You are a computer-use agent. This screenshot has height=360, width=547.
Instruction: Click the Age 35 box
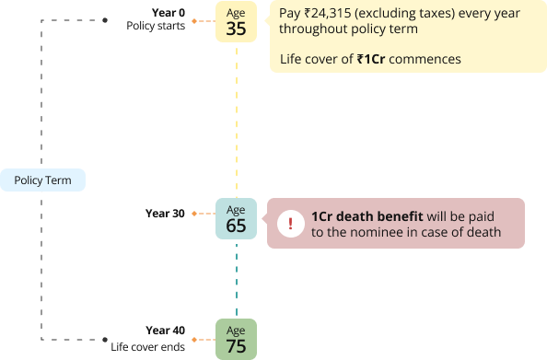236,21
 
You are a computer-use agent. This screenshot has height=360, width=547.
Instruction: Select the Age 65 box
236,218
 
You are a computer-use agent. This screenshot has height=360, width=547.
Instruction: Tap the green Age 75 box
236,339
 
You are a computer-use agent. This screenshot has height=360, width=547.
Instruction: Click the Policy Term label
43,180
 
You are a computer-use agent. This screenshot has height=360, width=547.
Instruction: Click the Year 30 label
165,214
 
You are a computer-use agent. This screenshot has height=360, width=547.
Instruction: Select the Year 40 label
165,331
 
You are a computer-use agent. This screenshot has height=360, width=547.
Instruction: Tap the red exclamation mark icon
291,224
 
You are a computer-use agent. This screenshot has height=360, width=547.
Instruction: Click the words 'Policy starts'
157,27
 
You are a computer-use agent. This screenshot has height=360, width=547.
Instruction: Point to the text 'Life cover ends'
148,346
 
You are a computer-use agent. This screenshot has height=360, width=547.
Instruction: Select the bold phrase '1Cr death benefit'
367,216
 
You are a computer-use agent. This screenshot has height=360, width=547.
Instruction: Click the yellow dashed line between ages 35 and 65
237,120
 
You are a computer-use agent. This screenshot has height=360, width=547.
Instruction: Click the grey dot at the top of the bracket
105,19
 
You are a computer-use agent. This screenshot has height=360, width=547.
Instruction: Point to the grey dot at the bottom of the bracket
105,340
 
